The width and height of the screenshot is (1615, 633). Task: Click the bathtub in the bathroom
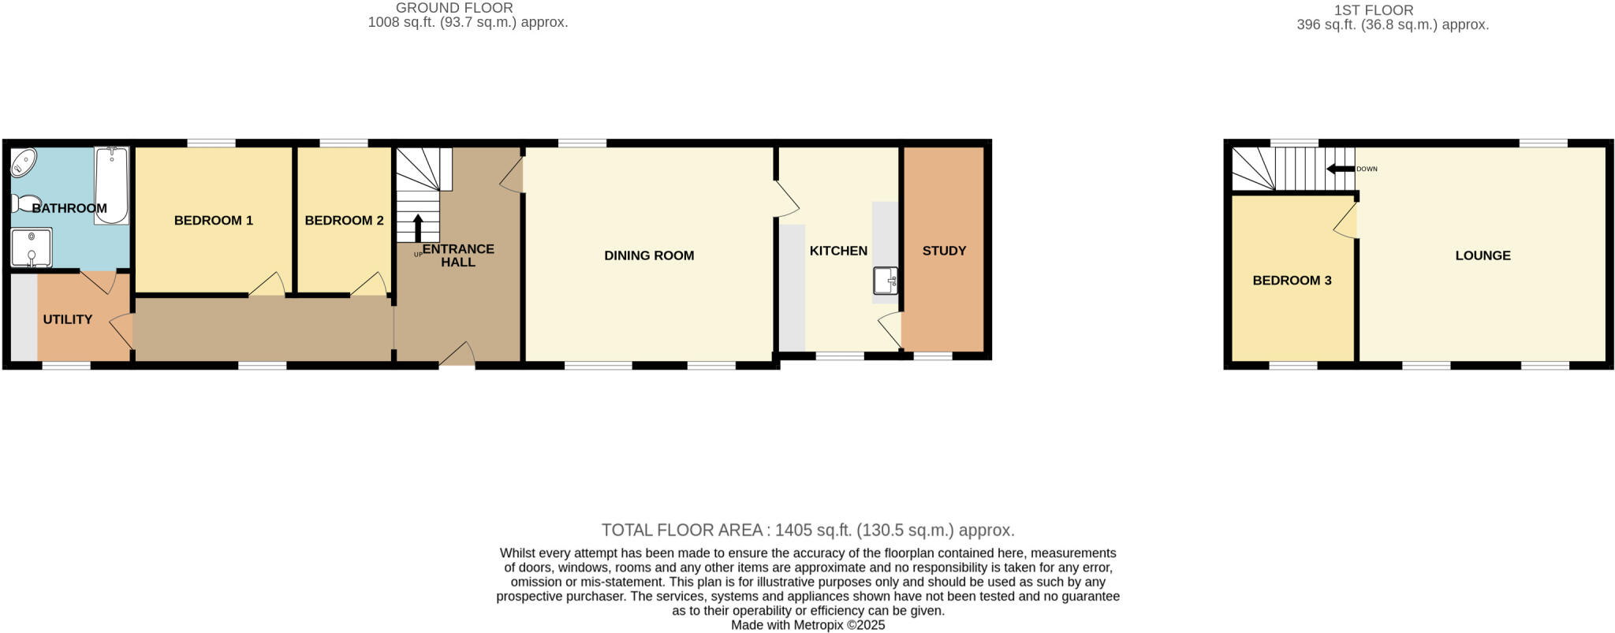pos(112,185)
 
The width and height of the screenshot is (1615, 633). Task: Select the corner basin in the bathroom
pos(23,163)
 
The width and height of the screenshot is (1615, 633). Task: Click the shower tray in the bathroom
pos(32,247)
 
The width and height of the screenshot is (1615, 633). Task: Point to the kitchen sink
pos(885,281)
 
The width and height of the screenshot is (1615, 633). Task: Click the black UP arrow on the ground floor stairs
pos(418,228)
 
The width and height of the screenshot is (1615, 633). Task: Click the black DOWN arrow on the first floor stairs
pos(1340,169)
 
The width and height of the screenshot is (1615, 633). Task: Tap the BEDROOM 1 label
pos(213,220)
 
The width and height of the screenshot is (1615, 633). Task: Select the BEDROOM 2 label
pos(344,220)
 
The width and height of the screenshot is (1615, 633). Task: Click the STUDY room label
pos(944,251)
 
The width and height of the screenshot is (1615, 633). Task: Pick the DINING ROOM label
pos(649,255)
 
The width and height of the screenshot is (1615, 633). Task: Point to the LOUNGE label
pos(1483,255)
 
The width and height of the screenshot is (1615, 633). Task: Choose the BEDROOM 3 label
pos(1292,280)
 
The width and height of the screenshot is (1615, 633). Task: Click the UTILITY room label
pos(68,319)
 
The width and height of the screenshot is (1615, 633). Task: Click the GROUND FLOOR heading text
pos(454,8)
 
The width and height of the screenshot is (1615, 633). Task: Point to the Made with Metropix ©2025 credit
pos(807,625)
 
